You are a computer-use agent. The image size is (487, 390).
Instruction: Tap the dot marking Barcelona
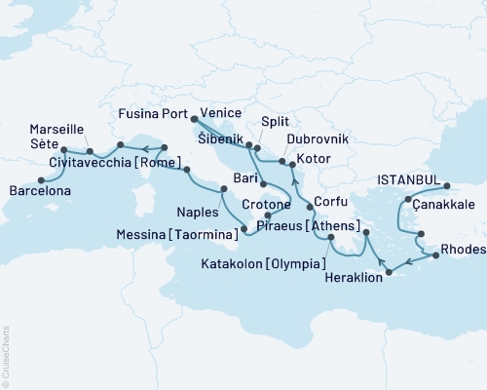41,179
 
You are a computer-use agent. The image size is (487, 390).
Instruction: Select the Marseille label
56,129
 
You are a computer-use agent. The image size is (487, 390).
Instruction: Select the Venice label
219,113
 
